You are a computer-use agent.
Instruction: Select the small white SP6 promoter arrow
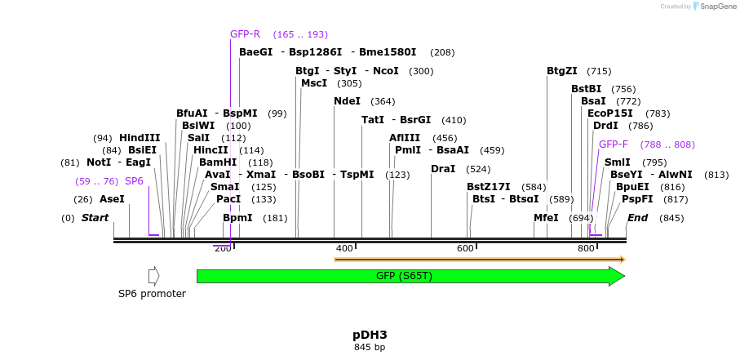point(153,276)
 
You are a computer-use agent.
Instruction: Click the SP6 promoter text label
point(152,294)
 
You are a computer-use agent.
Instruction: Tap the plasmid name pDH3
point(370,335)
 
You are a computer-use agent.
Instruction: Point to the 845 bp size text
point(370,348)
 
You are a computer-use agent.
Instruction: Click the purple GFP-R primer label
point(245,34)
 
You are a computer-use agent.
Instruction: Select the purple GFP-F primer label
point(614,144)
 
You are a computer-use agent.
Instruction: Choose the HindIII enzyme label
point(140,138)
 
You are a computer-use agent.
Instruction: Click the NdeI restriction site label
point(347,101)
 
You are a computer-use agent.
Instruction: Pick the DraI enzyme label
point(443,169)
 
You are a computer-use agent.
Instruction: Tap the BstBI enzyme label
point(586,89)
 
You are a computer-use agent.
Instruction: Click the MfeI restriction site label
point(546,218)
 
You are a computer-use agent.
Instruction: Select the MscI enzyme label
point(314,83)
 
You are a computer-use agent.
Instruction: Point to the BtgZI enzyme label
point(562,71)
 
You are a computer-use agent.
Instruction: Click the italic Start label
point(95,218)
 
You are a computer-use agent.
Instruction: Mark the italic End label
point(637,218)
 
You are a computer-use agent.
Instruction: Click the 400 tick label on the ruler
point(344,248)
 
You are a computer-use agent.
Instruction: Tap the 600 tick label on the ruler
point(465,248)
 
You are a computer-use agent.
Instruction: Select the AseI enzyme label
point(113,199)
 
